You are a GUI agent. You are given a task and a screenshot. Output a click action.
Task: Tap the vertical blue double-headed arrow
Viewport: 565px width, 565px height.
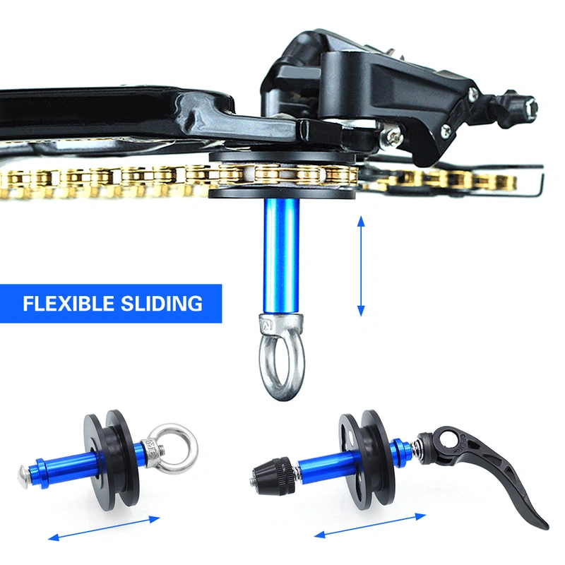[361, 266]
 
